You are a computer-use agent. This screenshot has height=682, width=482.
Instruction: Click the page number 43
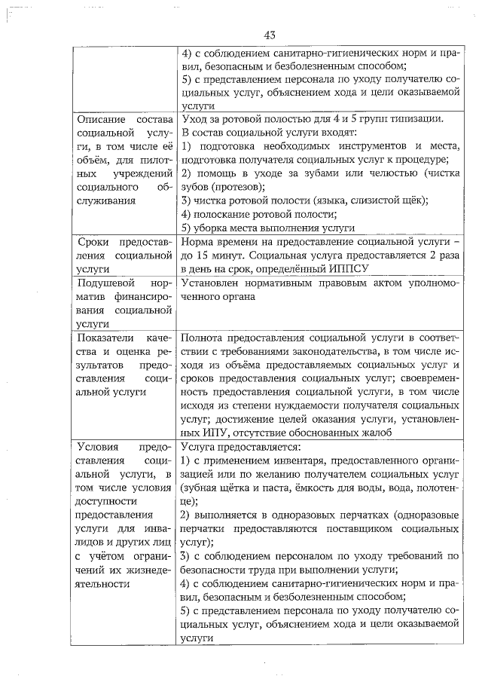pyautogui.click(x=271, y=35)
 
